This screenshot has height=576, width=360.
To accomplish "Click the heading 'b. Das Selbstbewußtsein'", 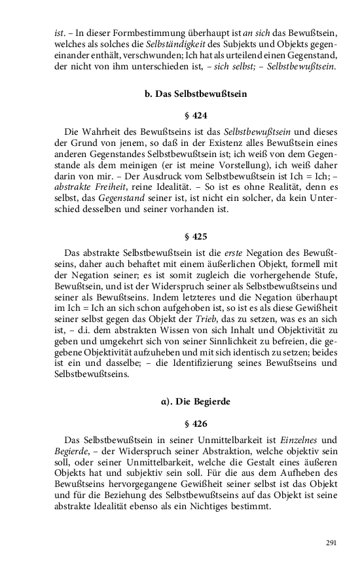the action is coord(195,94).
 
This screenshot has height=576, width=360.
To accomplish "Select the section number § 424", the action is coord(195,116).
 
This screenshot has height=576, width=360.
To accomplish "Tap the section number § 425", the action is coord(195,236).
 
